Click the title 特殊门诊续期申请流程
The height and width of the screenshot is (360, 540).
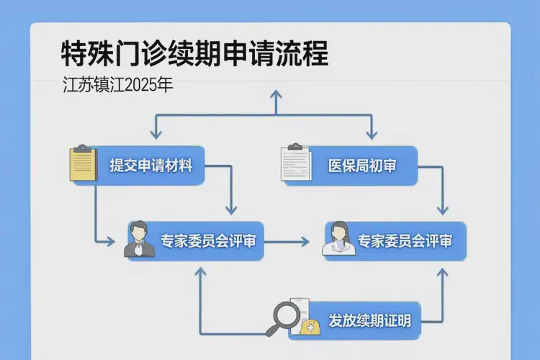(194, 55)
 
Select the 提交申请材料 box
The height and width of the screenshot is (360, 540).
(151, 165)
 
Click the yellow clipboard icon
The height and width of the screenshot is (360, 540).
(83, 164)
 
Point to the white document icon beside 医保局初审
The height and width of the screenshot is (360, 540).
(294, 163)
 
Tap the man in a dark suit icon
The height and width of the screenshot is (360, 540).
(140, 240)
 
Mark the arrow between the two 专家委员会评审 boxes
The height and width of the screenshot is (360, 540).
(288, 241)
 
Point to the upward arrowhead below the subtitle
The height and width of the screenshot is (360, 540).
(274, 93)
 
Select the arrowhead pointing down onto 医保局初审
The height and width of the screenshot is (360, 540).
(372, 135)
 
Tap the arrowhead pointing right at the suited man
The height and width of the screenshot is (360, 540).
(109, 240)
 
